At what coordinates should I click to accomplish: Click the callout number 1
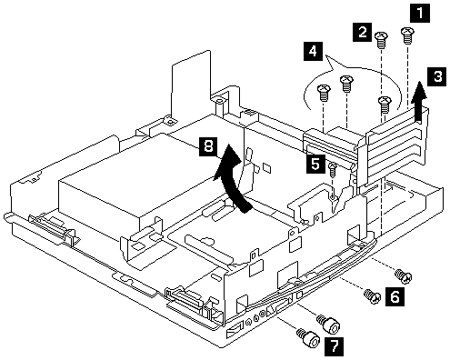tap(420, 13)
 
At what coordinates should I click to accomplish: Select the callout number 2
tap(362, 32)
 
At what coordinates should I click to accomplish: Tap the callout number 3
tap(437, 76)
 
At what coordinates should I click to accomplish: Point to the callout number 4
tap(313, 51)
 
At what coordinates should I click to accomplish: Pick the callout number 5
tap(315, 164)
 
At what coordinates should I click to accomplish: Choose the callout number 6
tap(395, 296)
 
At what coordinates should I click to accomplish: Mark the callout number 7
tap(334, 346)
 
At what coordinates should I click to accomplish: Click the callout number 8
tap(208, 146)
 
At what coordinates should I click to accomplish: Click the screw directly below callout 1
tap(407, 35)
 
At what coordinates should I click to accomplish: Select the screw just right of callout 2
tap(382, 40)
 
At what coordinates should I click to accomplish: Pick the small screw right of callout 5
tap(333, 170)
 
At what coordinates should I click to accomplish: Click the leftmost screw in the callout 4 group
tap(324, 94)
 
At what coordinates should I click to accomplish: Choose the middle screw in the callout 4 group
tap(346, 84)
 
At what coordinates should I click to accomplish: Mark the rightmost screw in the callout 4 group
tap(385, 105)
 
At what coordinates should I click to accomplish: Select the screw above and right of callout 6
tap(403, 275)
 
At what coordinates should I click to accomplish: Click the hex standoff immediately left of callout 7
tap(308, 338)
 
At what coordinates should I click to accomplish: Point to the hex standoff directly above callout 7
tap(328, 324)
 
